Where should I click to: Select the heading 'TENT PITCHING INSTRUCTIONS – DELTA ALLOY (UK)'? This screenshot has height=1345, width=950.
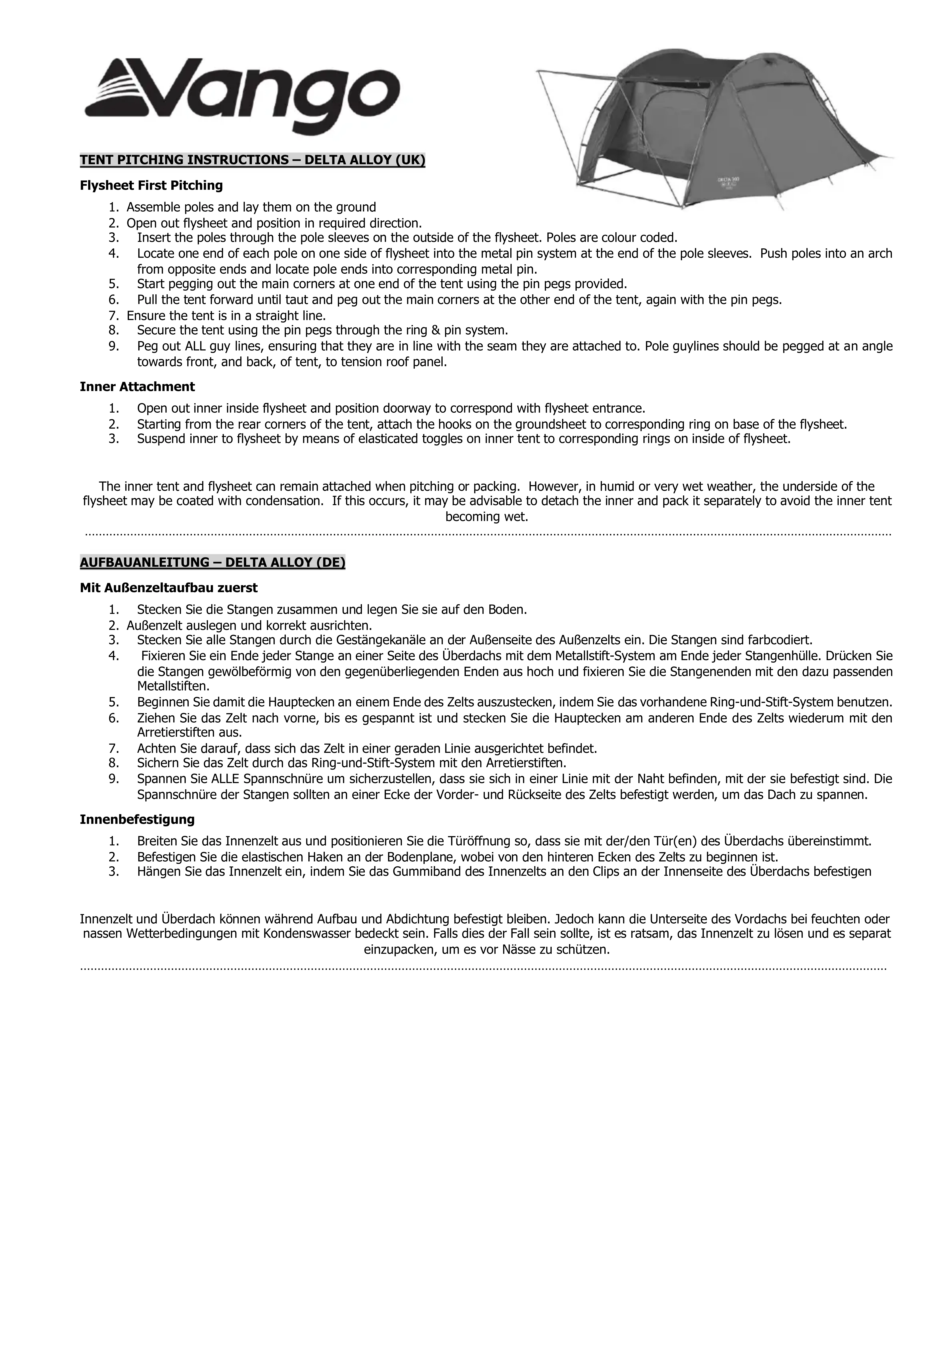[252, 160]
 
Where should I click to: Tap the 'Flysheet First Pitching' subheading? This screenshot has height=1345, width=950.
[151, 186]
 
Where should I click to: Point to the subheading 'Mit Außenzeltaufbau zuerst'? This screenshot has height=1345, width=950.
[169, 587]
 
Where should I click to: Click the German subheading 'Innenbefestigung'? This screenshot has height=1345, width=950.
[137, 819]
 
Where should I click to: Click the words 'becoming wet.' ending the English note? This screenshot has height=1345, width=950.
[487, 517]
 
